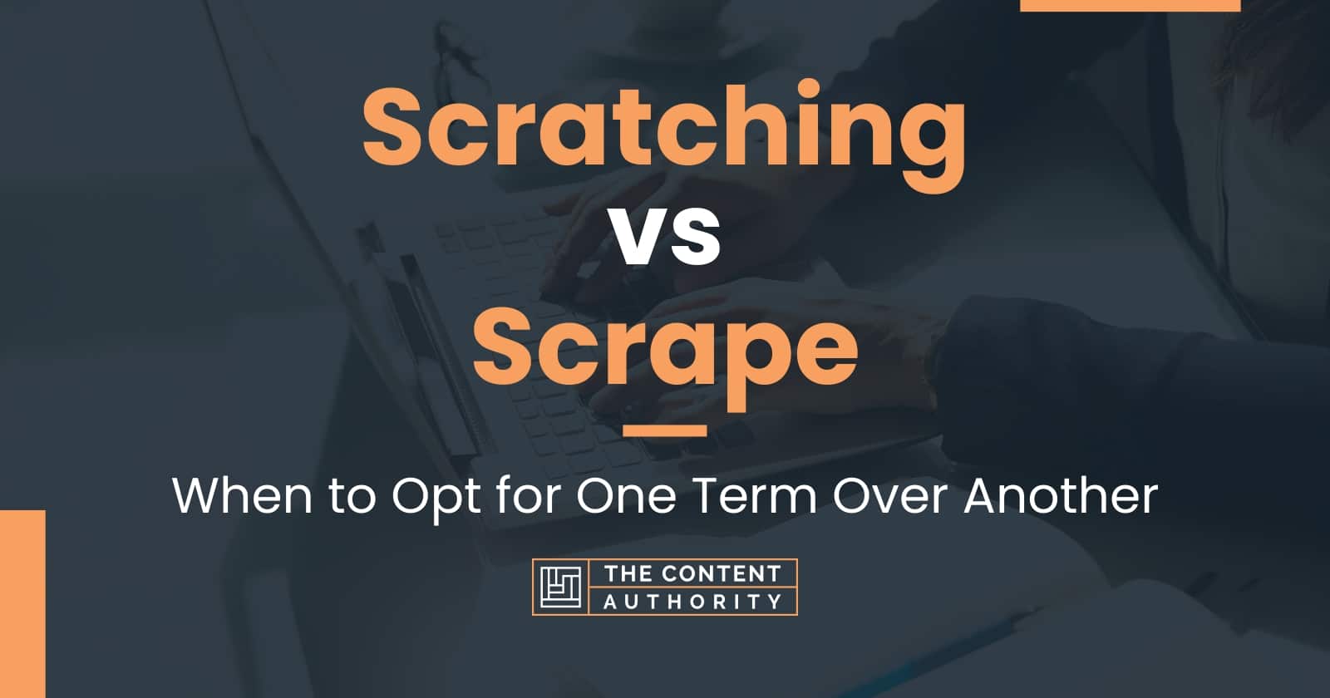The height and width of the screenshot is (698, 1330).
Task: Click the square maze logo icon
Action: pyautogui.click(x=559, y=587)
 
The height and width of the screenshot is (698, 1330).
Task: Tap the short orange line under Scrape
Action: pyautogui.click(x=664, y=430)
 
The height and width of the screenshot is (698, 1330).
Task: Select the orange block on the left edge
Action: pyautogui.click(x=22, y=603)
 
